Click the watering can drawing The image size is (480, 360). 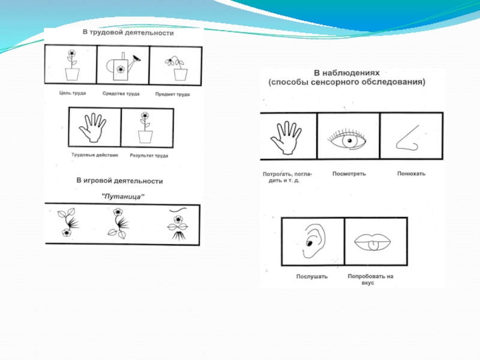pyautogui.click(x=123, y=67)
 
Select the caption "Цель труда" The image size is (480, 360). pyautogui.click(x=73, y=93)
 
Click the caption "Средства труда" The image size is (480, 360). pyautogui.click(x=121, y=94)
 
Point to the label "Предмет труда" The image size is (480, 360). pyautogui.click(x=172, y=94)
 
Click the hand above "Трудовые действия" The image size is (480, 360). pyautogui.click(x=92, y=128)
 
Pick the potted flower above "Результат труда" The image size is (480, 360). pyautogui.click(x=145, y=127)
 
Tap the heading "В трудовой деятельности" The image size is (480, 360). pyautogui.click(x=128, y=33)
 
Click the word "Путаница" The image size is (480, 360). pyautogui.click(x=123, y=196)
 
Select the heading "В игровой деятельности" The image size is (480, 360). pyautogui.click(x=119, y=181)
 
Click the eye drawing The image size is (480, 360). pyautogui.click(x=347, y=140)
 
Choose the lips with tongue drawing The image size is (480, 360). pyautogui.click(x=372, y=242)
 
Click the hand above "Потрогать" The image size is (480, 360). pyautogui.click(x=286, y=137)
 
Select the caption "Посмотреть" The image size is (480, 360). pyautogui.click(x=349, y=173)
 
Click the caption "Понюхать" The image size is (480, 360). pyautogui.click(x=411, y=173)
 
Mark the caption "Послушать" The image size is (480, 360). pyautogui.click(x=311, y=277)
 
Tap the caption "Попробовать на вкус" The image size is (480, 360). pyautogui.click(x=370, y=279)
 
